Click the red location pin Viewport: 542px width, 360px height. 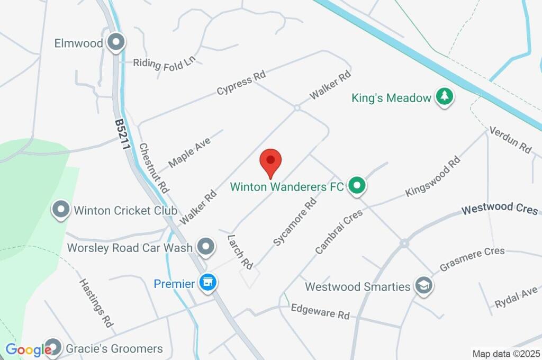coord(270,161)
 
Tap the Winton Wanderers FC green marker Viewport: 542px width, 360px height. coord(357,186)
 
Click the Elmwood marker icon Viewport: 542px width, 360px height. coord(115,42)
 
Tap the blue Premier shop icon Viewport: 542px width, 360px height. coord(208,283)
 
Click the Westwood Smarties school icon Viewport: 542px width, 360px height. coord(423,286)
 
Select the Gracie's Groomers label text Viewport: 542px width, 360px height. coord(114,349)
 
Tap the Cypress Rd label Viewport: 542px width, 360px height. coord(241,84)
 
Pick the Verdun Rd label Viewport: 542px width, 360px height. coord(510,140)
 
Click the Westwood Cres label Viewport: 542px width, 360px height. coord(499,209)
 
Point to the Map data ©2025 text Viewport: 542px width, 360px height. coord(506,353)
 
